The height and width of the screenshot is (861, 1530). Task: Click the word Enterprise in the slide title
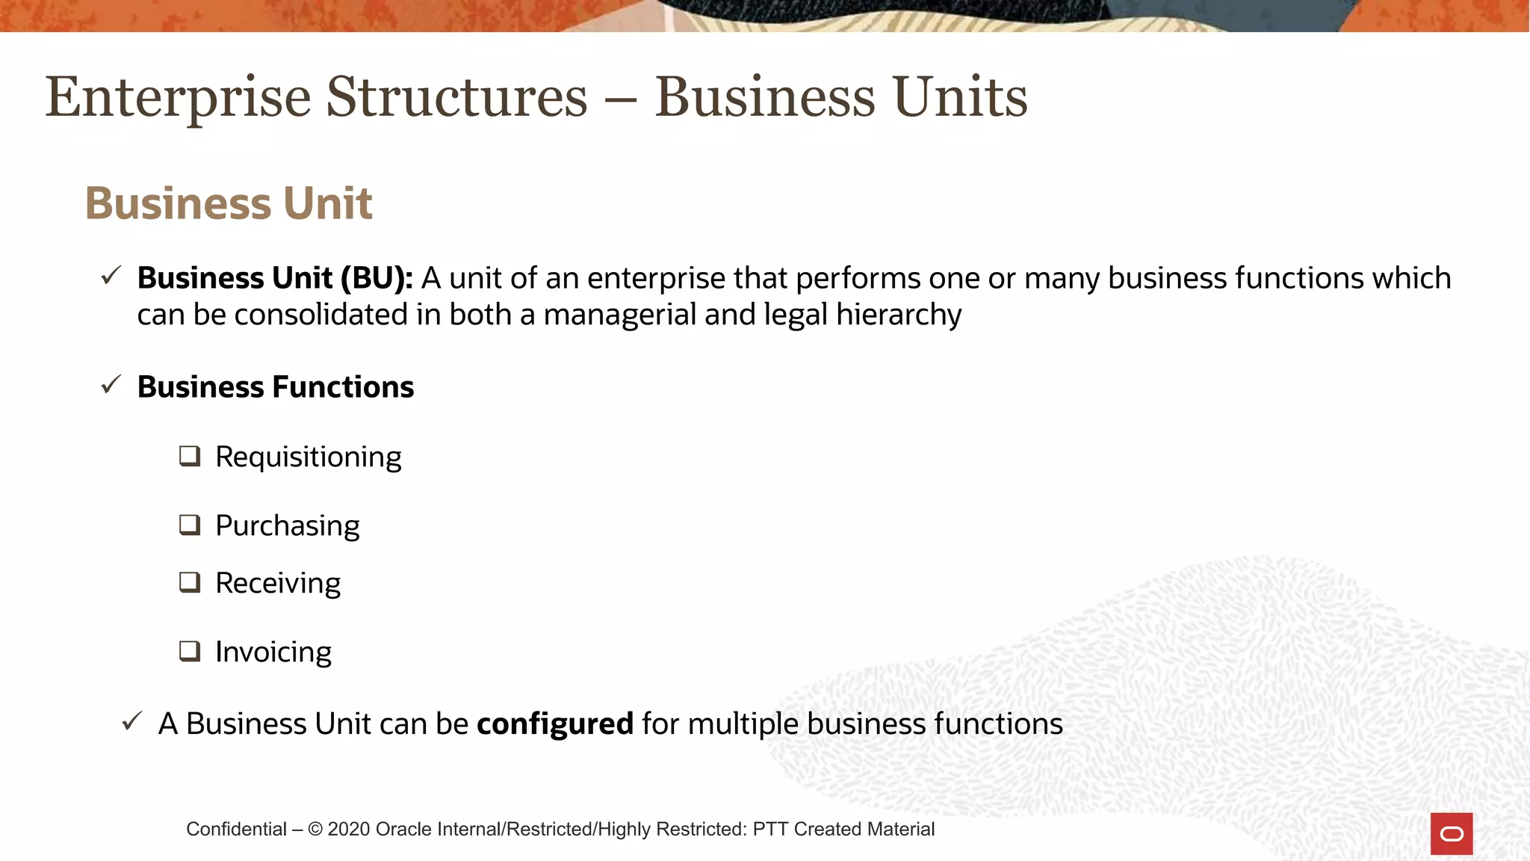tap(178, 97)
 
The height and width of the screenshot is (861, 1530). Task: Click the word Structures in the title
tap(457, 97)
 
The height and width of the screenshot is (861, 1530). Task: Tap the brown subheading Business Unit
tap(229, 203)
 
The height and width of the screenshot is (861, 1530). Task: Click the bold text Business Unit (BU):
tap(275, 278)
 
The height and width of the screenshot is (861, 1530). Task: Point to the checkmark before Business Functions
tap(111, 385)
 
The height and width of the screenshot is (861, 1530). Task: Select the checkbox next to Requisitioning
tap(190, 456)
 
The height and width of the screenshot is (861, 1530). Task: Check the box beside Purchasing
tap(190, 525)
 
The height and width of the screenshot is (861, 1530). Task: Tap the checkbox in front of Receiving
tap(190, 582)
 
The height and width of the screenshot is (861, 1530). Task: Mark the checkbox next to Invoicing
tap(190, 651)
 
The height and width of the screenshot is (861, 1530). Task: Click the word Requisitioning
tap(308, 457)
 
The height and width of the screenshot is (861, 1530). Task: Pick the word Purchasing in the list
tap(287, 525)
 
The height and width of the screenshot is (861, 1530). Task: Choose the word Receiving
tap(278, 583)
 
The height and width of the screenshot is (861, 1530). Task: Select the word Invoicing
tap(273, 652)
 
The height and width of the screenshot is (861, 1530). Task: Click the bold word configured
tap(555, 723)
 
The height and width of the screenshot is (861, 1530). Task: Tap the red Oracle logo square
tap(1452, 833)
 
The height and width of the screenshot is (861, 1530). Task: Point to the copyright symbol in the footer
tap(315, 829)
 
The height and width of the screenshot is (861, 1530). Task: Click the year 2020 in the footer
tap(349, 829)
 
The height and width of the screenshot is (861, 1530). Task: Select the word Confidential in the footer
tap(236, 829)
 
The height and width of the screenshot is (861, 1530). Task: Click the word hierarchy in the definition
tap(899, 315)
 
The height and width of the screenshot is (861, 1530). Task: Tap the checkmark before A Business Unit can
tap(132, 722)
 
